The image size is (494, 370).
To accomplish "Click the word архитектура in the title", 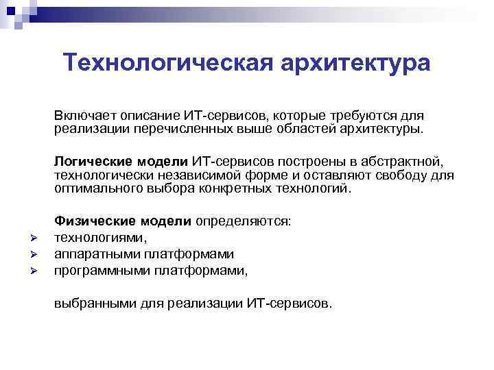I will tap(355, 62).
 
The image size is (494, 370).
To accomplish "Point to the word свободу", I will tap(405, 175).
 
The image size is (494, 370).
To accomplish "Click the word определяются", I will tap(244, 221).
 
